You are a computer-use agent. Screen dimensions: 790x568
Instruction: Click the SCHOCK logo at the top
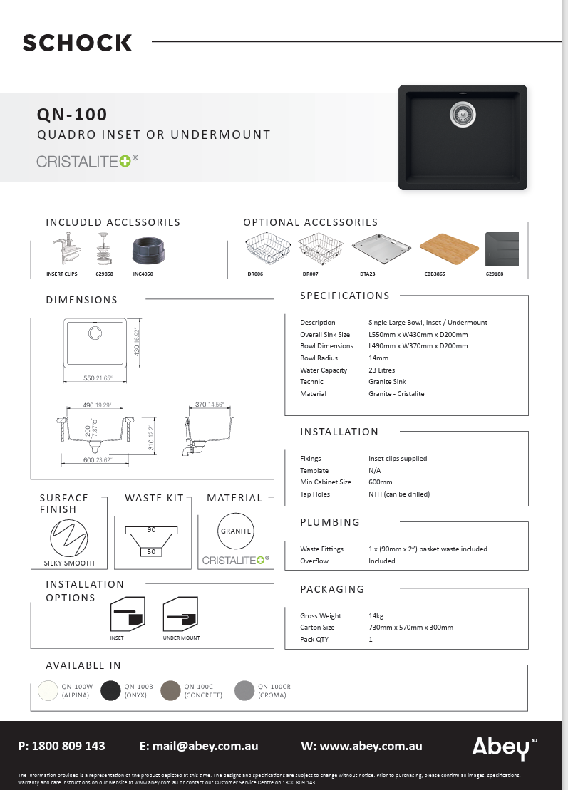pos(77,43)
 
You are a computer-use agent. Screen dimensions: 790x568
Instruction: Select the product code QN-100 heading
pos(72,114)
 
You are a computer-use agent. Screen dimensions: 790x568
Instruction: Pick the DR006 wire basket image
pos(264,250)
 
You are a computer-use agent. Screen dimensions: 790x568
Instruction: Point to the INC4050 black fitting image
pos(150,252)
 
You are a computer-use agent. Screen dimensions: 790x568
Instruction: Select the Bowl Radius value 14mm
pos(378,358)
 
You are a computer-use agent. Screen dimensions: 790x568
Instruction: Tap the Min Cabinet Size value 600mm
pos(381,482)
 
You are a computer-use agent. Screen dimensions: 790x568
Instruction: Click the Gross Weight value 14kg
pos(376,615)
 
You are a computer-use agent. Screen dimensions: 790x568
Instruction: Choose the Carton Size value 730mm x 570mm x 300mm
pos(410,628)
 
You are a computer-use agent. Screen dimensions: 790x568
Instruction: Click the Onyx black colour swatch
pos(110,690)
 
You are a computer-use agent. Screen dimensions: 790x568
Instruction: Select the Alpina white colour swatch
pos(48,690)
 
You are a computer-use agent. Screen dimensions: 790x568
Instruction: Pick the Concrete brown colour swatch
pos(171,690)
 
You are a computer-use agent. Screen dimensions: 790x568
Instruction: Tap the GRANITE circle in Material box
pos(236,531)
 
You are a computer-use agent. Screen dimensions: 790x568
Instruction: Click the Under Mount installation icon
pos(180,613)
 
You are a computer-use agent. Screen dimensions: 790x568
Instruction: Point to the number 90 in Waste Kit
pos(151,530)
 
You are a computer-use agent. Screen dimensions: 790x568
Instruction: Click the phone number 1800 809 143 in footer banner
pos(68,746)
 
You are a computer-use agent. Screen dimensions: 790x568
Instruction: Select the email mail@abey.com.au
pos(207,746)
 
